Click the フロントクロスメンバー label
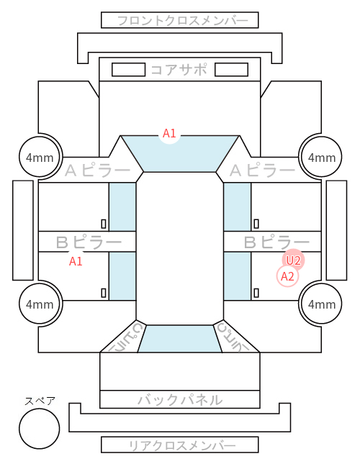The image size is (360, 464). click(x=183, y=21)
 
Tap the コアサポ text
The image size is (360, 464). click(x=179, y=70)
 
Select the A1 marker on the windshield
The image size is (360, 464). click(x=170, y=134)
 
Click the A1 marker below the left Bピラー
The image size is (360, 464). click(x=76, y=261)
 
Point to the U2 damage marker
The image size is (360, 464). click(x=293, y=260)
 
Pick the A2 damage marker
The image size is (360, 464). click(x=287, y=276)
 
